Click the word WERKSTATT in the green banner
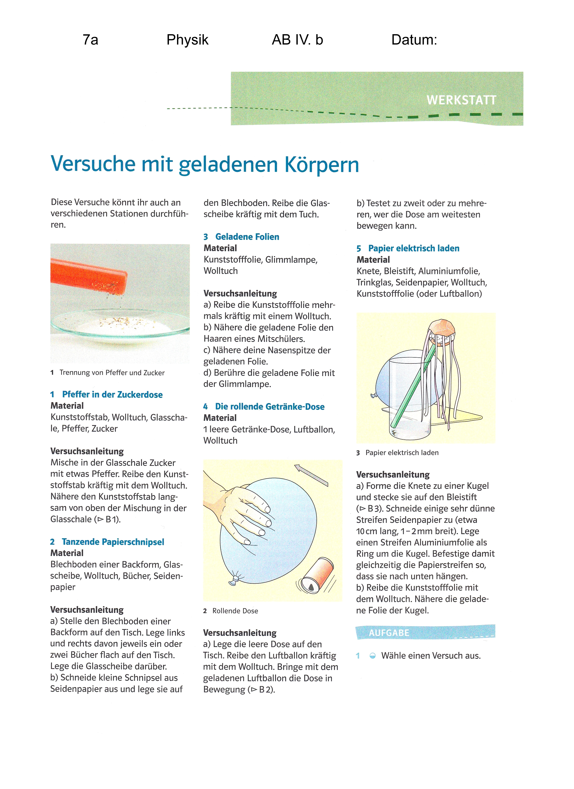[x=461, y=100]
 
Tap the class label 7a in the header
[x=90, y=40]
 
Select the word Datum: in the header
[x=414, y=40]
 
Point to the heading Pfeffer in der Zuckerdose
[x=112, y=394]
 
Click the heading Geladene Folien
[x=247, y=237]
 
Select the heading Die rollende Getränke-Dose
[x=270, y=406]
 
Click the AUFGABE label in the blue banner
[x=389, y=633]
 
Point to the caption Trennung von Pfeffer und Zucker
[x=112, y=373]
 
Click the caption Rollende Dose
[x=235, y=611]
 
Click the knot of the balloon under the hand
[x=233, y=579]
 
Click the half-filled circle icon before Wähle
[x=372, y=656]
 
